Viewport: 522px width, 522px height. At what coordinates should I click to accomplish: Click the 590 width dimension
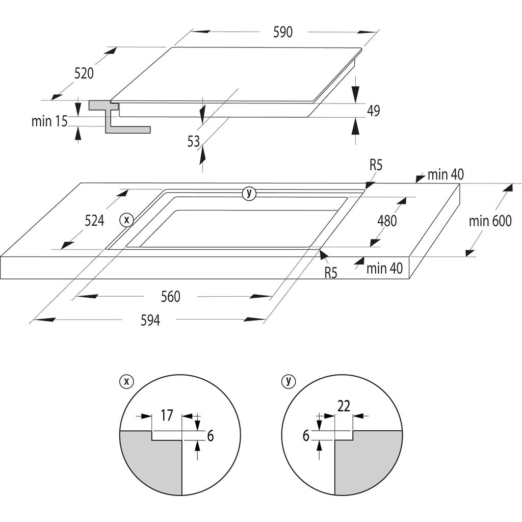tap(283, 32)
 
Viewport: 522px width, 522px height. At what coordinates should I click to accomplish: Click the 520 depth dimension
tap(84, 73)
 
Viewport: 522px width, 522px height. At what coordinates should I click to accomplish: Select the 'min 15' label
tap(49, 121)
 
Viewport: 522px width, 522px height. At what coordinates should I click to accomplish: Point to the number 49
tap(374, 111)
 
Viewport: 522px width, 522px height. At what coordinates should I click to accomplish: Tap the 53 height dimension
tap(194, 142)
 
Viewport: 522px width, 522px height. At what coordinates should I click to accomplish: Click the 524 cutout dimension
tap(94, 221)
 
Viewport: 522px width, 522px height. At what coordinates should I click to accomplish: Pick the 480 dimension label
tap(387, 221)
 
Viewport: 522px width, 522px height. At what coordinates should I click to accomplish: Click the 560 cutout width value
tap(170, 297)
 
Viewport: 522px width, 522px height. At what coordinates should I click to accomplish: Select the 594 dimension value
tap(150, 320)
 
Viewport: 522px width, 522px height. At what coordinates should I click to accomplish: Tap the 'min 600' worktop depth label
tap(490, 221)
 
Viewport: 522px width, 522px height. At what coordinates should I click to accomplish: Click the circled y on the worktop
tap(249, 193)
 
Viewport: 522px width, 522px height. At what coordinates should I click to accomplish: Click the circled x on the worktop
tap(125, 220)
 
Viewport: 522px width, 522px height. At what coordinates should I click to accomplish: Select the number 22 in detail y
tap(344, 406)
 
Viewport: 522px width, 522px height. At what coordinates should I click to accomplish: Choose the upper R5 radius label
tap(376, 165)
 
